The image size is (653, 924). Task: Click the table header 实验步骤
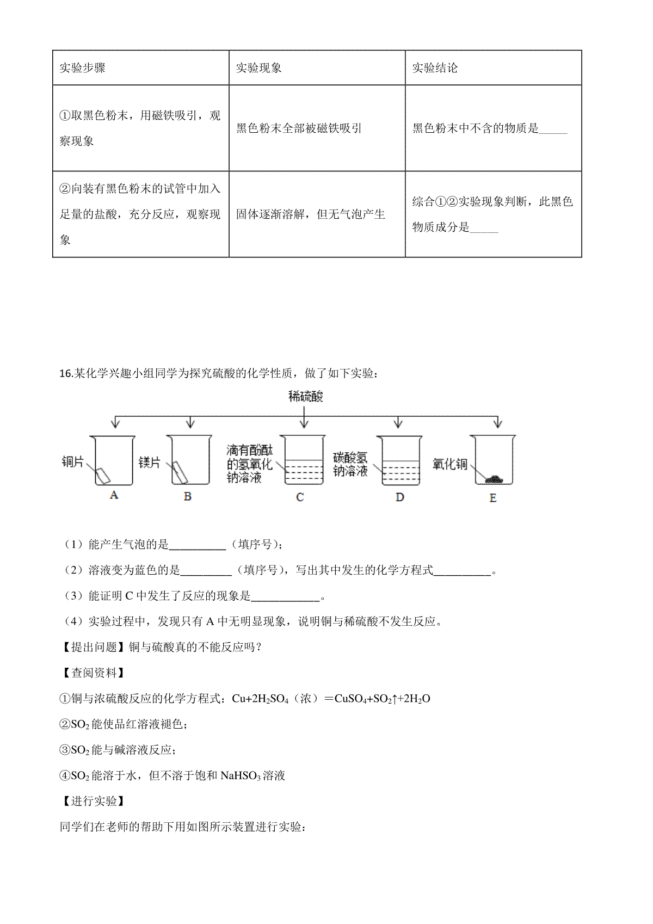pyautogui.click(x=82, y=68)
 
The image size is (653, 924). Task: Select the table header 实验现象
pyautogui.click(x=258, y=68)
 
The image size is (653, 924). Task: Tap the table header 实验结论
pyautogui.click(x=435, y=68)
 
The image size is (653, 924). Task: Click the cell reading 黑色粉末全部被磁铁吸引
pyautogui.click(x=299, y=128)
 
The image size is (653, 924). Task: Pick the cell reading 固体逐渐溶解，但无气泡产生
pyautogui.click(x=310, y=214)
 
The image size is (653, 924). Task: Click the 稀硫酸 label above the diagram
pyautogui.click(x=305, y=396)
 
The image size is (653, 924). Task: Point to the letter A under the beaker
pyautogui.click(x=114, y=495)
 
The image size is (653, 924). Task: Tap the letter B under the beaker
pyautogui.click(x=188, y=496)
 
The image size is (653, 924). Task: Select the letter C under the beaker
pyautogui.click(x=300, y=497)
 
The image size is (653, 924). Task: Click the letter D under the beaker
pyautogui.click(x=400, y=497)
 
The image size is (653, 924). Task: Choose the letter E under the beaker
pyautogui.click(x=493, y=498)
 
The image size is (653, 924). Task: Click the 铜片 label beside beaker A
pyautogui.click(x=73, y=463)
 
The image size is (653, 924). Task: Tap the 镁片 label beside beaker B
pyautogui.click(x=150, y=463)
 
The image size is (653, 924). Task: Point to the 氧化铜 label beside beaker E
pyautogui.click(x=450, y=464)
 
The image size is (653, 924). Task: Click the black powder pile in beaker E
pyautogui.click(x=495, y=479)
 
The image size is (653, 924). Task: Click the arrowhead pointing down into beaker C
pyautogui.click(x=304, y=424)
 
